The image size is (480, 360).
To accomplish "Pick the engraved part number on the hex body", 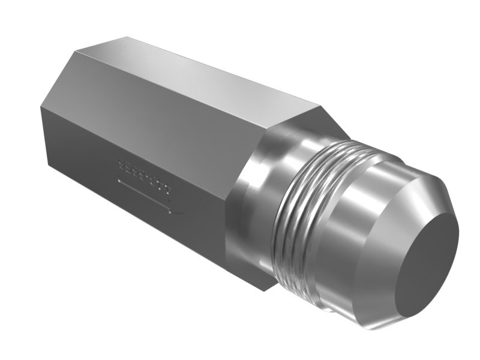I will coord(143,175).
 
